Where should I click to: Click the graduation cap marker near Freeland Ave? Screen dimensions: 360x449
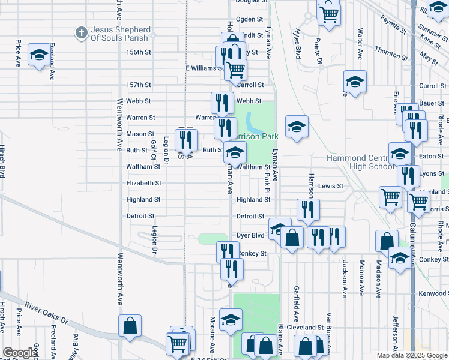[39, 56]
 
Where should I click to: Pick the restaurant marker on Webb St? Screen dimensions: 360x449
[222, 103]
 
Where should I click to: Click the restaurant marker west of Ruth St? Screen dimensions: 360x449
[185, 140]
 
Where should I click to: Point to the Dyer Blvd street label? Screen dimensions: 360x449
[250, 236]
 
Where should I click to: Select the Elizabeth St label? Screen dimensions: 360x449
[143, 183]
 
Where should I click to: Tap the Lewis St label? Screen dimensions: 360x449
[331, 186]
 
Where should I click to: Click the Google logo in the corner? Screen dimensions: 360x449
[20, 353]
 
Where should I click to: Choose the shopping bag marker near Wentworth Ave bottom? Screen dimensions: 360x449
[130, 326]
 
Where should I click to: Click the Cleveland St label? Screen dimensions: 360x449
[305, 328]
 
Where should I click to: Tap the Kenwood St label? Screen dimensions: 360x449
[434, 293]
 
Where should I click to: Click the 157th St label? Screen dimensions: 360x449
[139, 85]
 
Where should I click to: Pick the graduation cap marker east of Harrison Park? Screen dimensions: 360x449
[297, 127]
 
